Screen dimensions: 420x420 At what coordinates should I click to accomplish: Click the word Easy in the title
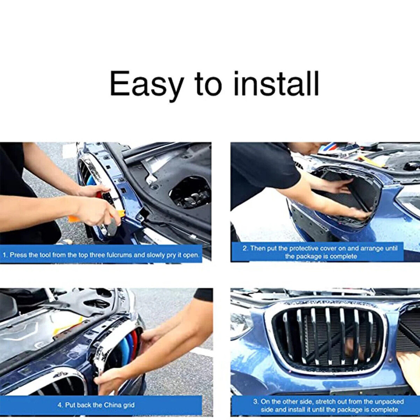[147, 84]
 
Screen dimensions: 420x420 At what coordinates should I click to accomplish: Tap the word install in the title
[276, 83]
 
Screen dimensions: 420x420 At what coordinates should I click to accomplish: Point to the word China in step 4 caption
[113, 405]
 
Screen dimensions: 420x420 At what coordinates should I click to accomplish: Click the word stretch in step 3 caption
[325, 402]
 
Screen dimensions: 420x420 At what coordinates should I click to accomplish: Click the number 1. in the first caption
[5, 255]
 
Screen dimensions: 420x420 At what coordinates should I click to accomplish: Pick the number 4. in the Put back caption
[60, 405]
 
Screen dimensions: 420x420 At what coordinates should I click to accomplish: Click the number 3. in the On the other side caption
[256, 402]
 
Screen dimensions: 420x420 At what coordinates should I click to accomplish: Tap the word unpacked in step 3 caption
[390, 402]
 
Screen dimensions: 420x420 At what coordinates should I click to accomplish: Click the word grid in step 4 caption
[129, 405]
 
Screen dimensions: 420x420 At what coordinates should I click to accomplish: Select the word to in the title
[209, 84]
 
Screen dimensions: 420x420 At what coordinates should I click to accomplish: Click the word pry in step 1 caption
[171, 255]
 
